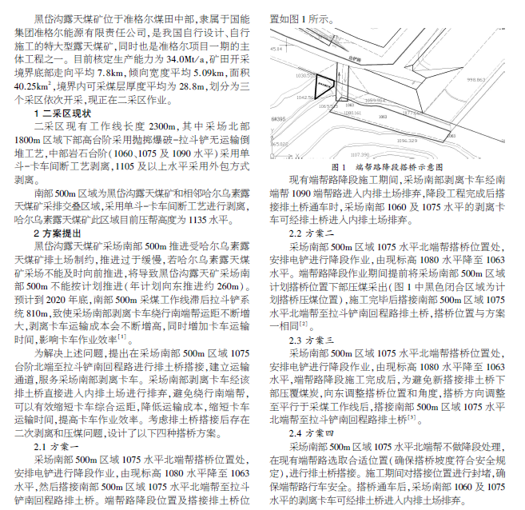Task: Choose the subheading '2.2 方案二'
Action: [312, 233]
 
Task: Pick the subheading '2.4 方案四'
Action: [312, 432]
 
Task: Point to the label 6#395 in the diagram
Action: [279, 118]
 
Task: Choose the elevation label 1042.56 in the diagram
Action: [305, 96]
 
